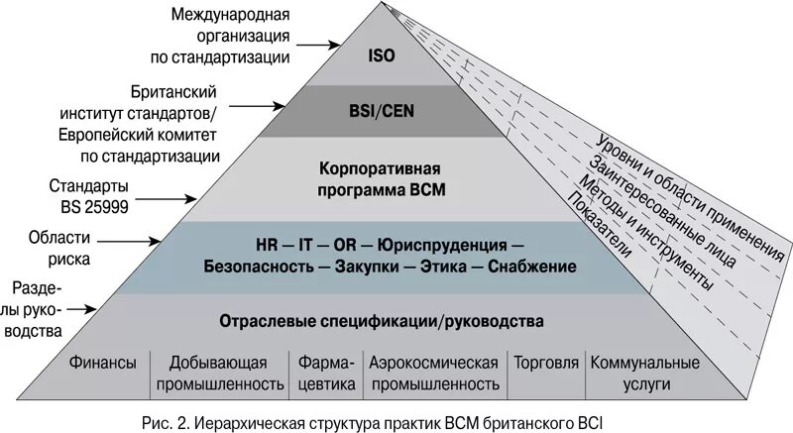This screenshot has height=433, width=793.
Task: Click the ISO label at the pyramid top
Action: (381, 56)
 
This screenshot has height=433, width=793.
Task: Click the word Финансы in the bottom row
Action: (103, 363)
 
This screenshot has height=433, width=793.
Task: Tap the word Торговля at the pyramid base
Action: (546, 363)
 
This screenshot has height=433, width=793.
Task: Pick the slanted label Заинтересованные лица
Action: (661, 209)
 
